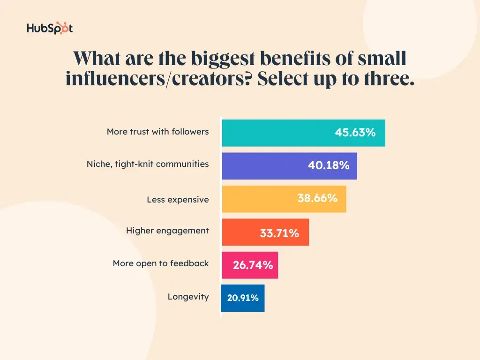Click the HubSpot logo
pos(50,28)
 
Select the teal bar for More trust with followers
pos(277,133)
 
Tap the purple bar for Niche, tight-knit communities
pos(262,166)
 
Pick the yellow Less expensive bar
pos(258,199)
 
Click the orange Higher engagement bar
pos(239,232)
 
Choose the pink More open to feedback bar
pos(227,265)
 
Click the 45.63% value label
pos(355,133)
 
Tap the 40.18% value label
pos(329,165)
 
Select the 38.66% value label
pos(317,198)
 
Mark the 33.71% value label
pos(279,233)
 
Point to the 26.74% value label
pos(253,265)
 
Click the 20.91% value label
pos(243,298)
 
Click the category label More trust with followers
pos(157,132)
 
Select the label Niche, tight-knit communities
pos(148,164)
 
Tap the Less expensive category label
pos(178,200)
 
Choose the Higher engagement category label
pos(167,231)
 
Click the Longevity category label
pos(188,297)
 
